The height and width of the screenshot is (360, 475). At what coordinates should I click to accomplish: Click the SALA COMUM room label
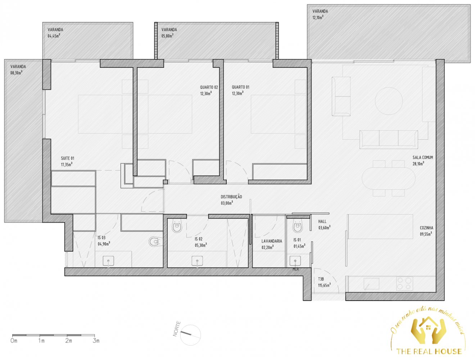tap(422, 158)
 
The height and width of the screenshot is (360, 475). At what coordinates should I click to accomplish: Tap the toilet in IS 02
tap(177, 225)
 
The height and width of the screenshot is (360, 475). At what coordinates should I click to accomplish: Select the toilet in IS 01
tap(298, 225)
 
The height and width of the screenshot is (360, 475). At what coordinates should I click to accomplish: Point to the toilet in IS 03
tap(155, 242)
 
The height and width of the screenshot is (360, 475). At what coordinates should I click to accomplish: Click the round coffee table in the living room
tap(389, 101)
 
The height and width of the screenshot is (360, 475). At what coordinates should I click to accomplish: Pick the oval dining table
tap(388, 178)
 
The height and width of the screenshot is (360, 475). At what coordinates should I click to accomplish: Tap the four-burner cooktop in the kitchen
tap(404, 284)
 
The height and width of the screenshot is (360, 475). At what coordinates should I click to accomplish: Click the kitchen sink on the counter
tap(371, 284)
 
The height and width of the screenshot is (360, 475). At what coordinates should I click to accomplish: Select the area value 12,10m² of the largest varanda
tap(318, 18)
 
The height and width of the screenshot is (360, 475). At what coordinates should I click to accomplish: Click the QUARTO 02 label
tap(209, 87)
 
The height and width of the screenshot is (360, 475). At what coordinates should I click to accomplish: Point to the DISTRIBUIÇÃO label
tap(231, 197)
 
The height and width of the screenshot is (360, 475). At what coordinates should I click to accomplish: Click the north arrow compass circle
tap(190, 335)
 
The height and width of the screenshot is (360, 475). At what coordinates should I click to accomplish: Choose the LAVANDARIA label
tap(272, 241)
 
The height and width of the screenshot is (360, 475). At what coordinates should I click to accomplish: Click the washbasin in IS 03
tap(108, 261)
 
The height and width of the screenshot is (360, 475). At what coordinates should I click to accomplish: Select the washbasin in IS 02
tap(197, 261)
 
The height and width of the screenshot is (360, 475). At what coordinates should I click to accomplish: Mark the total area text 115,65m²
tap(324, 285)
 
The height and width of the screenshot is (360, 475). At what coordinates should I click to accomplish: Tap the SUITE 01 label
tap(68, 158)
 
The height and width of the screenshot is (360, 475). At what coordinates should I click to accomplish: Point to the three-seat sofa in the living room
tap(389, 139)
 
